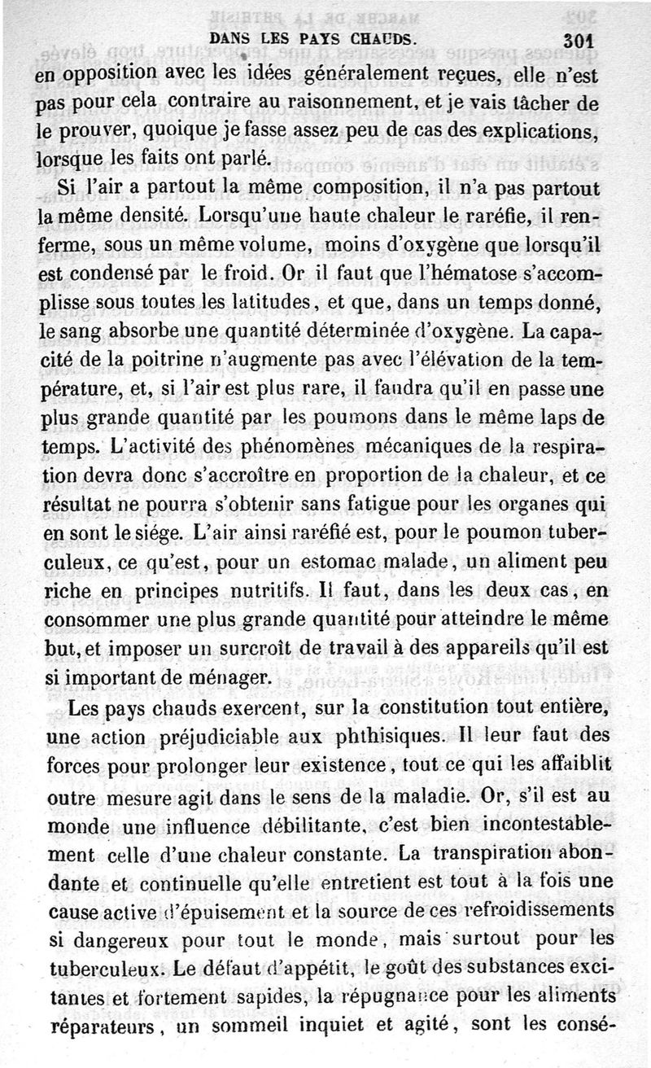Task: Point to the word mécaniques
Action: (x=424, y=448)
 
